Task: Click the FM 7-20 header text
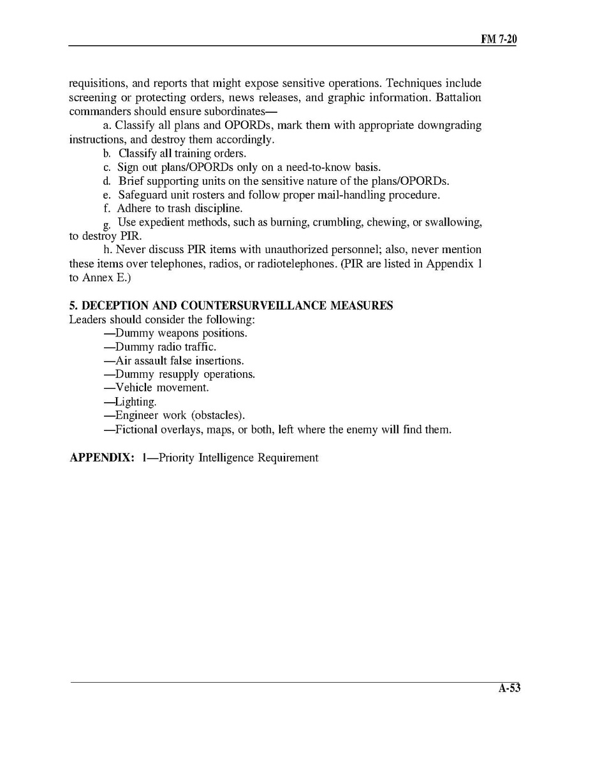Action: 499,39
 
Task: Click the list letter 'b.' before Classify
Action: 107,154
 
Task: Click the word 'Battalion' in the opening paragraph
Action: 458,98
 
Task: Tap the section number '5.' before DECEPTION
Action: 73,306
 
